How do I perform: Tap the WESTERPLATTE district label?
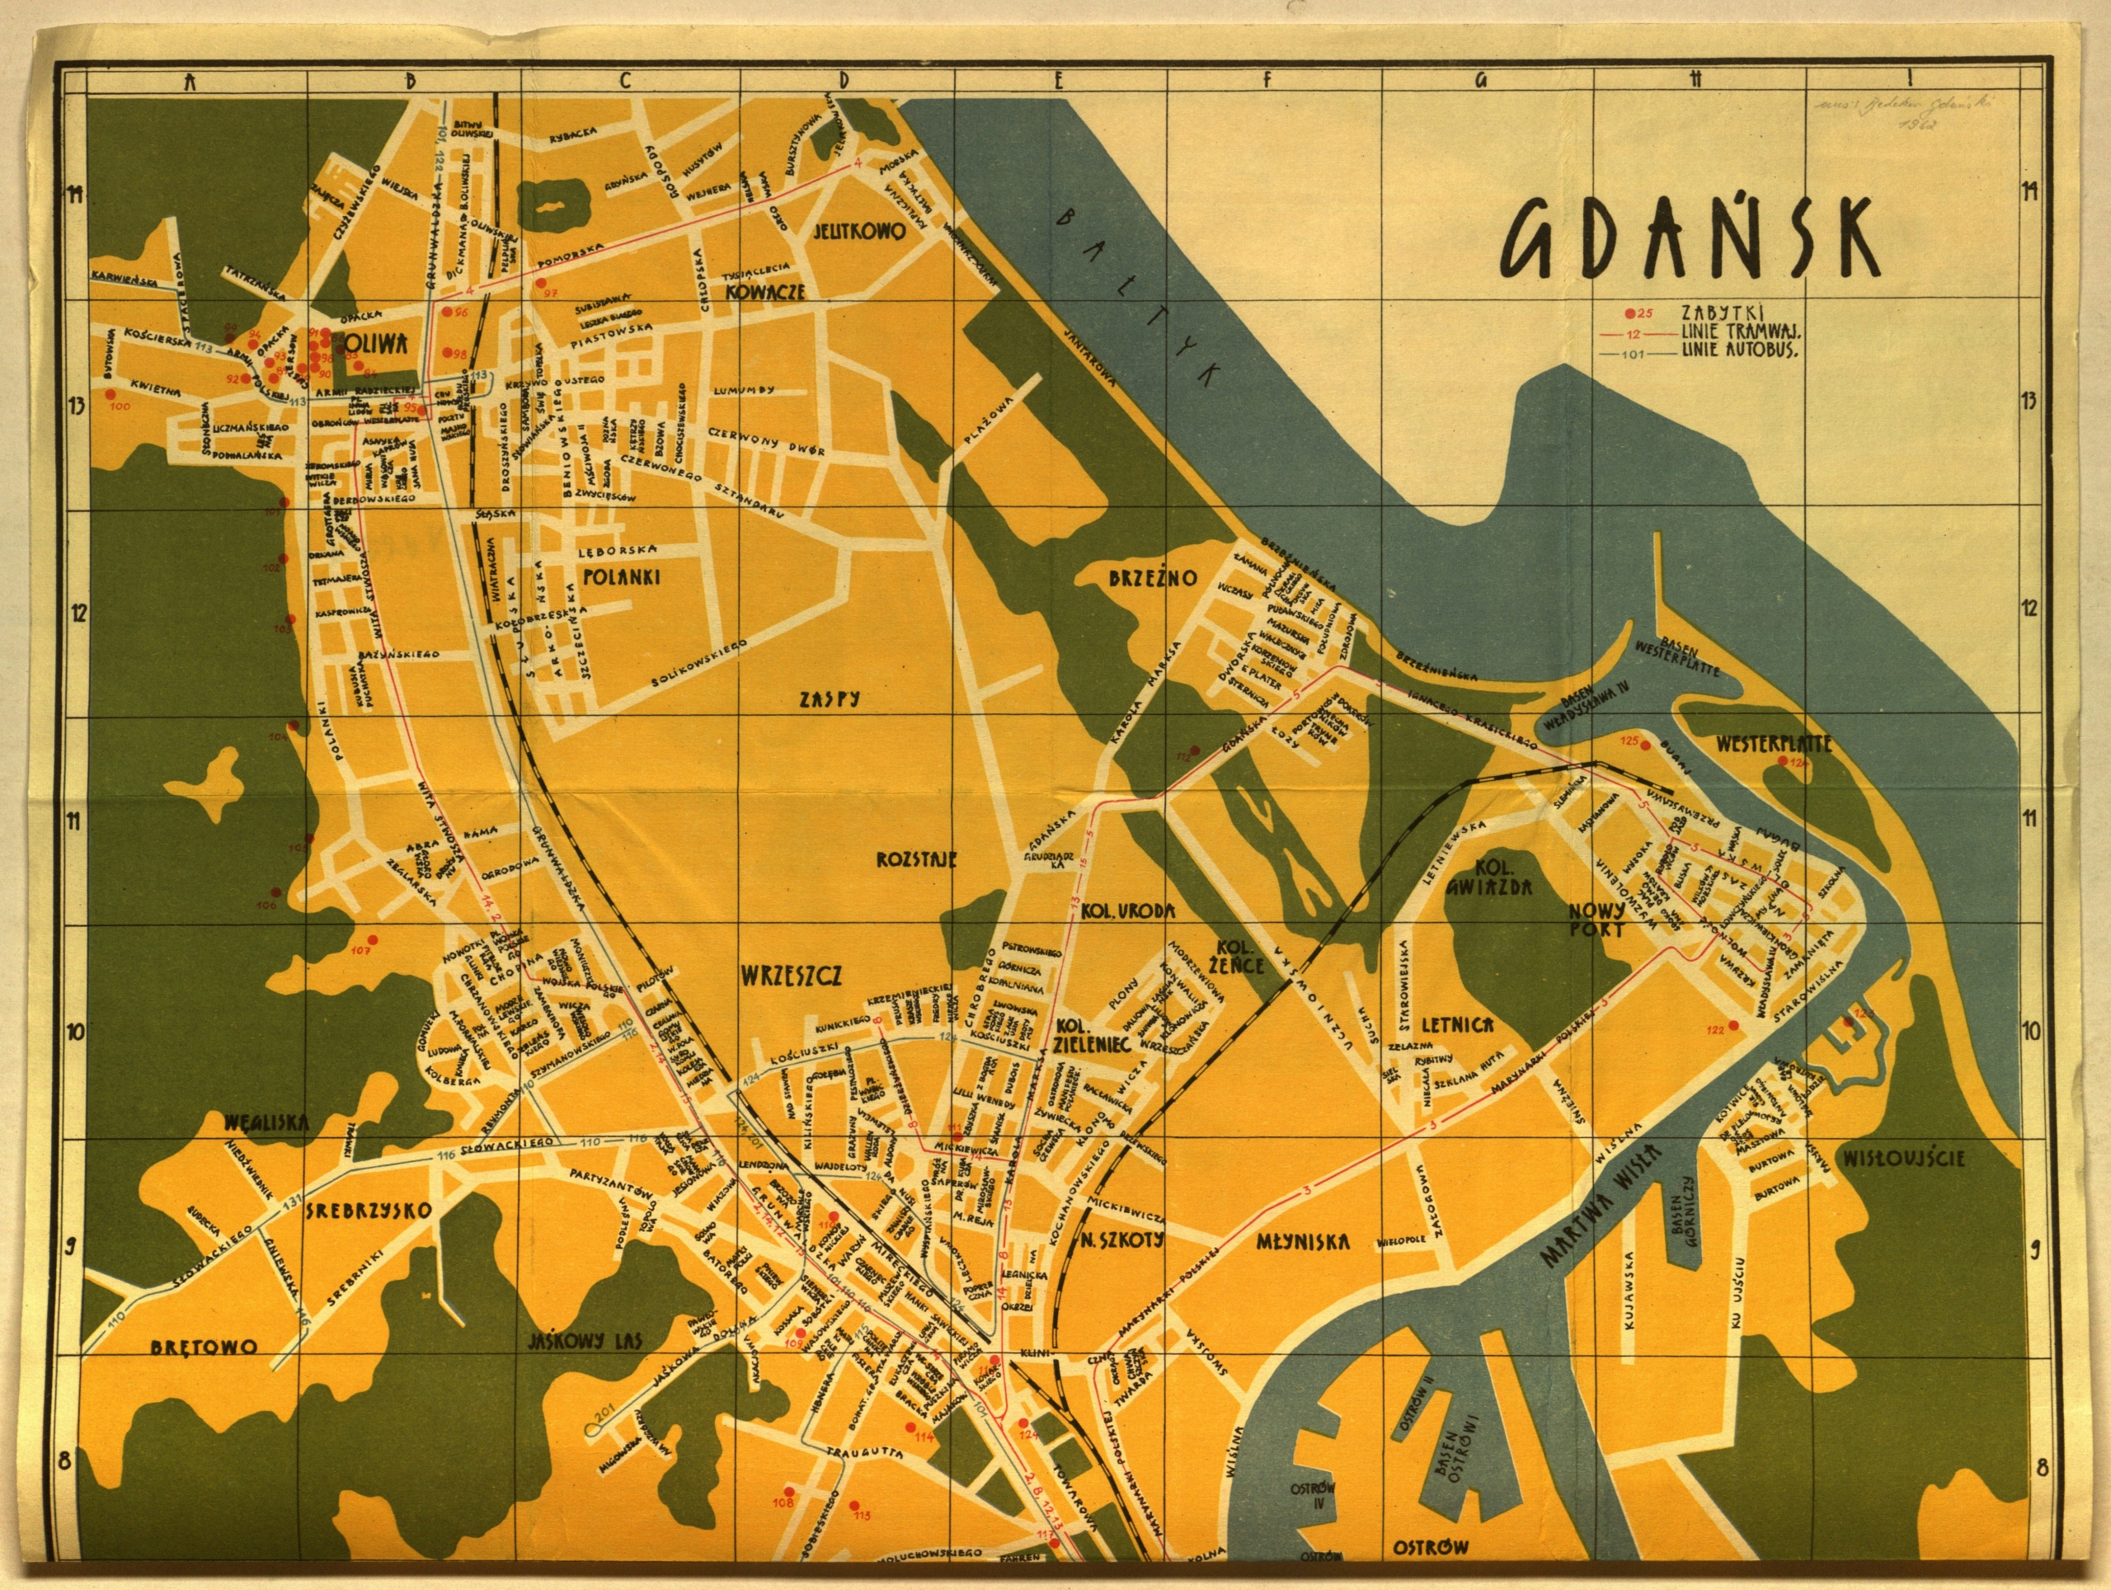[1773, 744]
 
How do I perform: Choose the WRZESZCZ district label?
[791, 976]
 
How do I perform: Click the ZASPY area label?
[830, 699]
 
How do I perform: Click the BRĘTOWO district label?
[204, 1347]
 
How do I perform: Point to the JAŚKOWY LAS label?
[585, 1341]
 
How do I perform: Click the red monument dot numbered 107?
[374, 940]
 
